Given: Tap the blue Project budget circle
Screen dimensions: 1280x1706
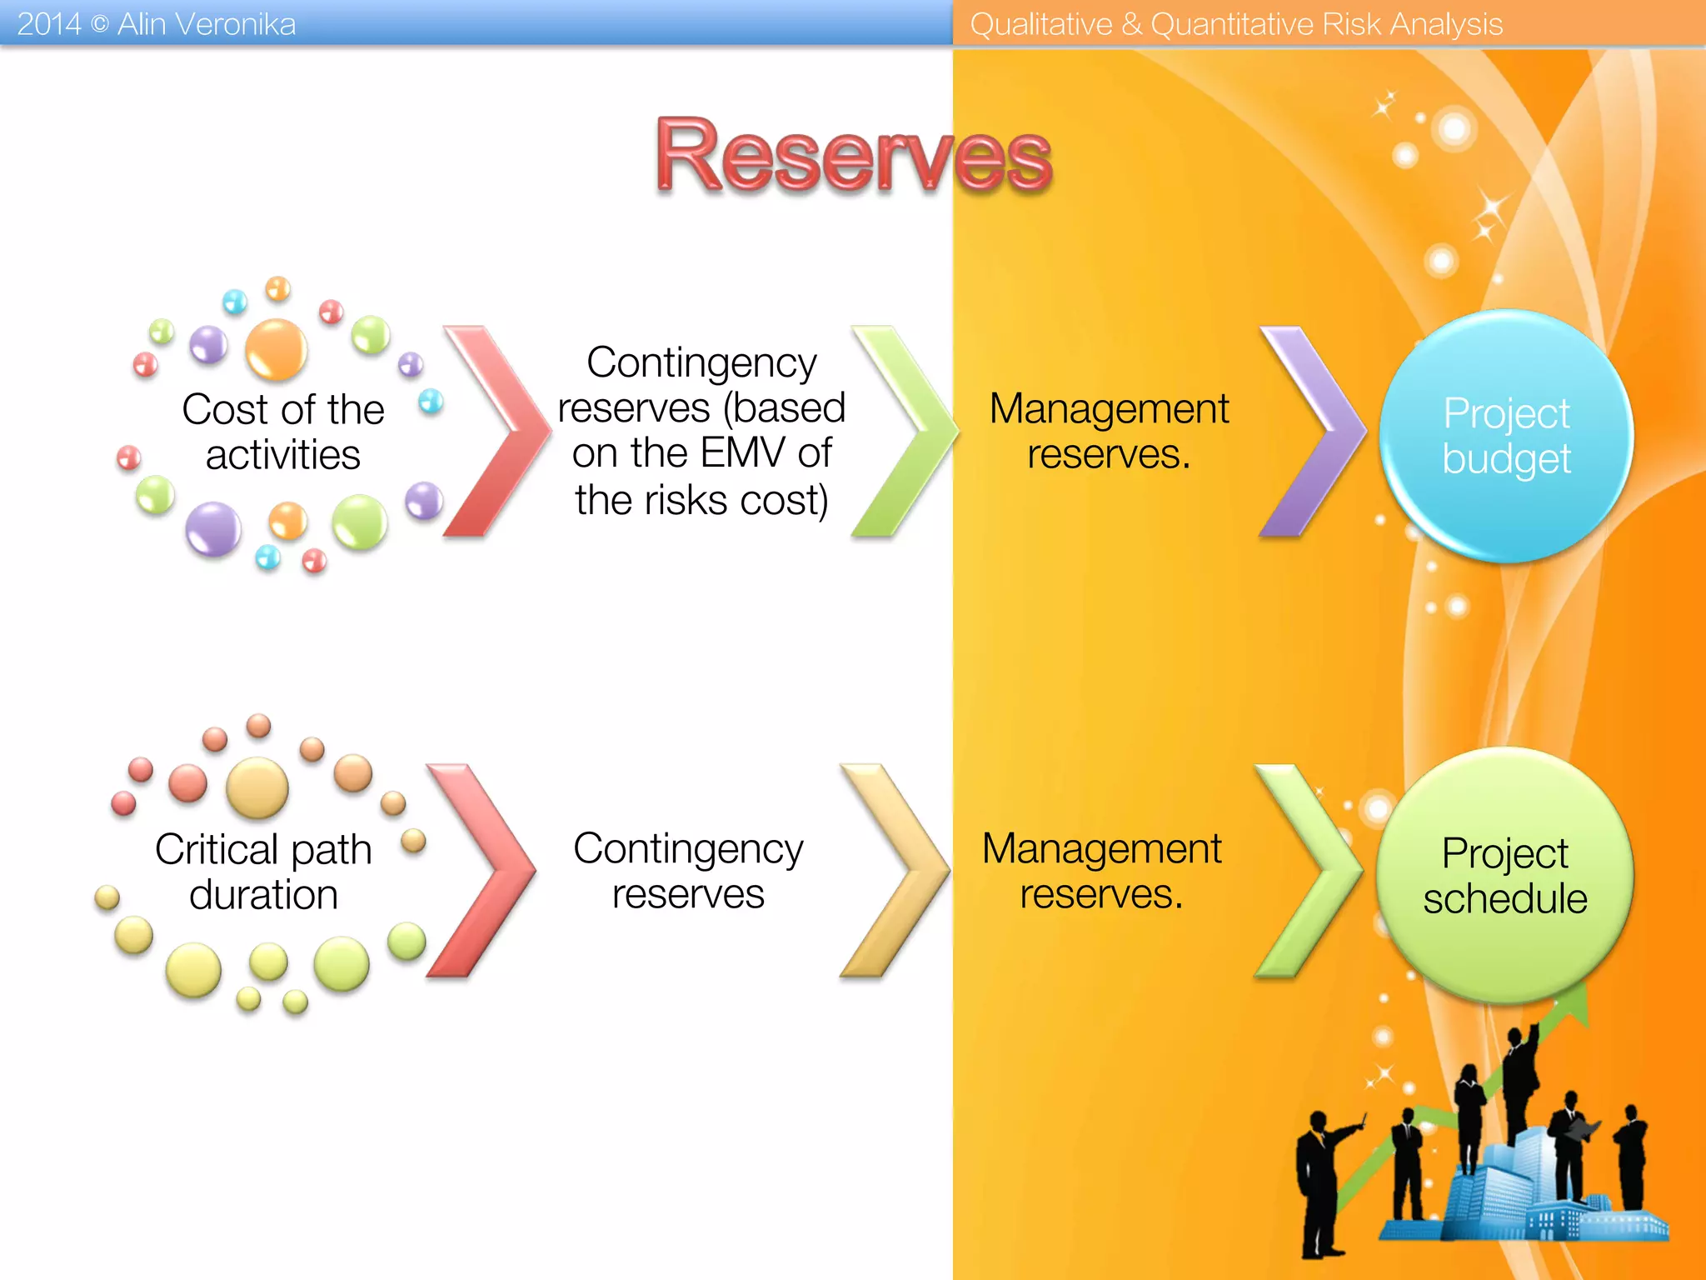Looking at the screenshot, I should click(x=1506, y=436).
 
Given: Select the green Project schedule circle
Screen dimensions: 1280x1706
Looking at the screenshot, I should click(x=1504, y=875).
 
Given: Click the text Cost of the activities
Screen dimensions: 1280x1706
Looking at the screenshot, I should click(x=283, y=432).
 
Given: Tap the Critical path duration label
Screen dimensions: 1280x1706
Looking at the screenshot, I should click(x=263, y=872).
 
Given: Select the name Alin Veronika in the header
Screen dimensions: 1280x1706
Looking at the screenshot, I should click(x=207, y=24).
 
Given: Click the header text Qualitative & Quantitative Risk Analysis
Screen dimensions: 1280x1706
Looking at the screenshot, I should click(x=1236, y=24).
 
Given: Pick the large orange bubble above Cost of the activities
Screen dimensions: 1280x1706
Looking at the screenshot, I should click(x=276, y=348).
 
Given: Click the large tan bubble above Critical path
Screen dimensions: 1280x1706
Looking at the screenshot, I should click(x=257, y=787).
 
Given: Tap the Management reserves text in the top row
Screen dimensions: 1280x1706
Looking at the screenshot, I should click(x=1109, y=431).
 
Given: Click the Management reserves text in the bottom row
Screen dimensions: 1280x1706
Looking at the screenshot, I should click(x=1101, y=871).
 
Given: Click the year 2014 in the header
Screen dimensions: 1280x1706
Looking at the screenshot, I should click(x=48, y=24).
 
